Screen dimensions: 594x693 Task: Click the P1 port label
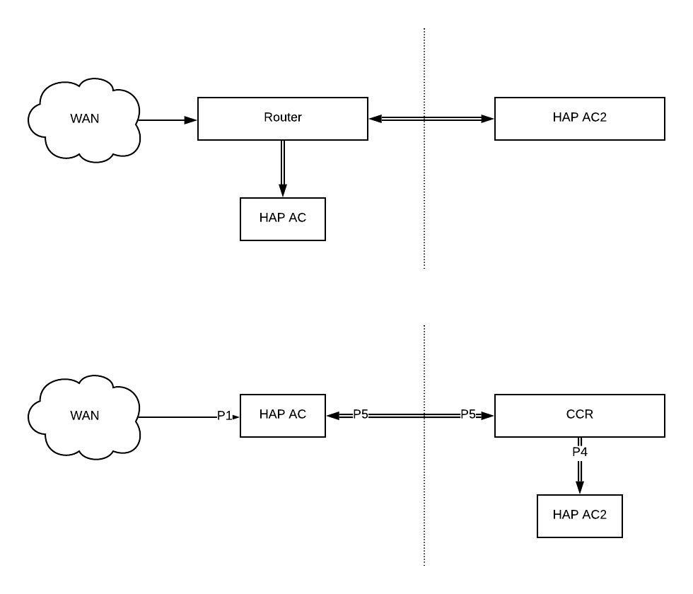[224, 416]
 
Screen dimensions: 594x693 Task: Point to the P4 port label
[580, 451]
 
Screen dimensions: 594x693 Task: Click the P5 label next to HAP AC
[361, 414]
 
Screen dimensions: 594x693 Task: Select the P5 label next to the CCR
[468, 414]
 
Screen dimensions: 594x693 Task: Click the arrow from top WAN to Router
[166, 120]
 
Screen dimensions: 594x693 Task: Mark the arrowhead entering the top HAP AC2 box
[488, 119]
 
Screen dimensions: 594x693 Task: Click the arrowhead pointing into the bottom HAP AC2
[580, 487]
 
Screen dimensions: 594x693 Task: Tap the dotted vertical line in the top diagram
[424, 198]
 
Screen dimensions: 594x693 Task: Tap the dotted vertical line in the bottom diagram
[424, 495]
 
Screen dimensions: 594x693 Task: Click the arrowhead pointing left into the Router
[375, 119]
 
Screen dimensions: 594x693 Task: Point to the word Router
[283, 117]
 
